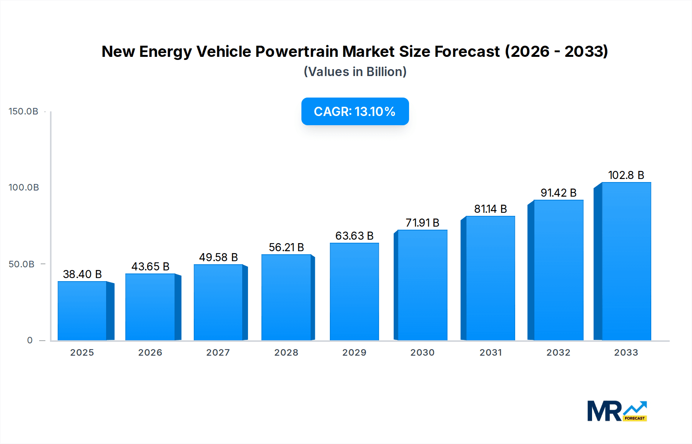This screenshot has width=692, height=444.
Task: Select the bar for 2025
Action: (82, 311)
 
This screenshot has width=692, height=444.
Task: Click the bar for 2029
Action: (354, 292)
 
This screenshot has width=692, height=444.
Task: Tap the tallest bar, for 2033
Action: (626, 261)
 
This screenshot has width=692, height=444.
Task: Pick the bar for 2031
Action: (490, 278)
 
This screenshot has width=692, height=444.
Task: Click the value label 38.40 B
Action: (82, 274)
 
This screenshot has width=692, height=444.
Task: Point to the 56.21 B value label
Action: (286, 247)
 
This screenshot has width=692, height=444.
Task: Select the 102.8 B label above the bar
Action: (626, 175)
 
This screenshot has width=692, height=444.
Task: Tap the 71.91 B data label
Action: (422, 223)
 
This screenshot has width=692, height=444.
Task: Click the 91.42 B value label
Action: (558, 193)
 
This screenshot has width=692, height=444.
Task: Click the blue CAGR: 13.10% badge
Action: (355, 111)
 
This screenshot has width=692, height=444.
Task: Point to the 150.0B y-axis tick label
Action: (23, 111)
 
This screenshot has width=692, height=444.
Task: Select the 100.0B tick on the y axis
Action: (24, 187)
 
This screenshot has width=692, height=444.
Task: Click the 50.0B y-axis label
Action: (22, 264)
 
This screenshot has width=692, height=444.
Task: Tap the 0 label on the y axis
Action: (30, 340)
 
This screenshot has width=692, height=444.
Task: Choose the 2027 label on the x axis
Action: (218, 353)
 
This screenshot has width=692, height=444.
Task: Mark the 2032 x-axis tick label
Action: (558, 353)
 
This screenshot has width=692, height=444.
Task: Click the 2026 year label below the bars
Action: (150, 353)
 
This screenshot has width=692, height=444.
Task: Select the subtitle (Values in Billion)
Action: (355, 72)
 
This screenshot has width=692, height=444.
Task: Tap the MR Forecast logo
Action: (617, 411)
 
